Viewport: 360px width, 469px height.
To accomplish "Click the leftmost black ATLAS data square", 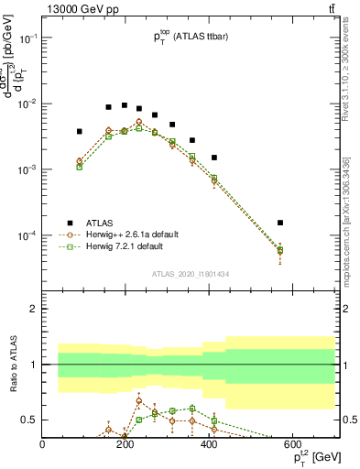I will pos(80,132).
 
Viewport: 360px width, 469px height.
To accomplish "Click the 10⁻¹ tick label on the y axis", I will pos(27,38).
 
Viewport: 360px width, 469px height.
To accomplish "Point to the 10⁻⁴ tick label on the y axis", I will pos(27,235).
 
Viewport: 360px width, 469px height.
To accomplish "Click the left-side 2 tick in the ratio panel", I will pos(33,309).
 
